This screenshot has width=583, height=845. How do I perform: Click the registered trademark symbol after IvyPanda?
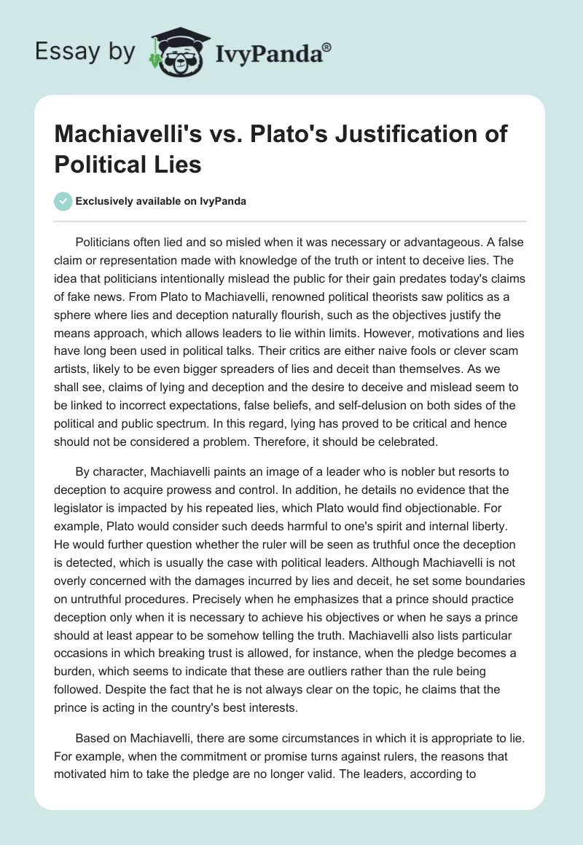click(x=328, y=47)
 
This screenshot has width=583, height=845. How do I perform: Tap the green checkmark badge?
click(x=63, y=201)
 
